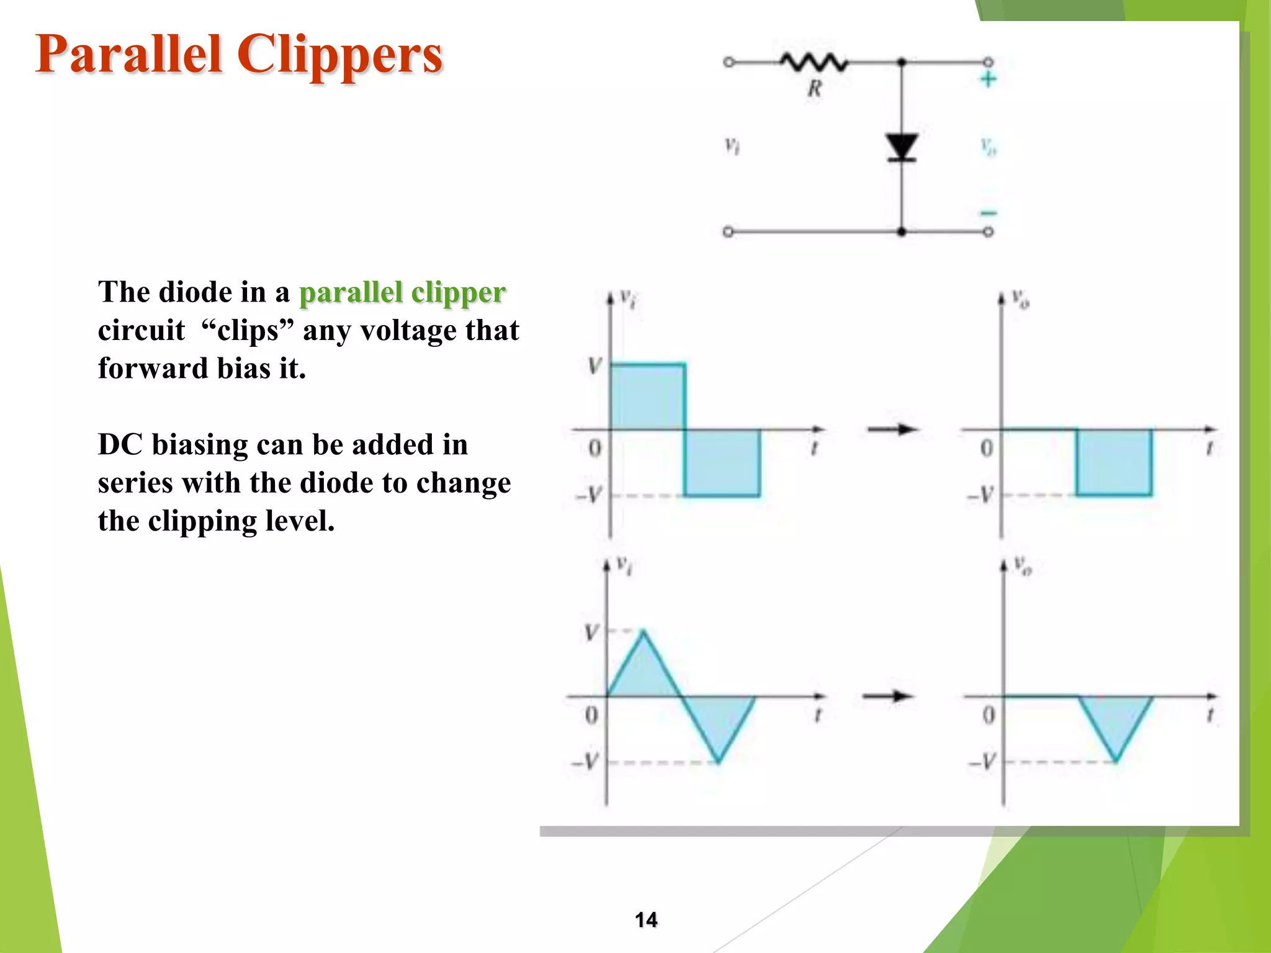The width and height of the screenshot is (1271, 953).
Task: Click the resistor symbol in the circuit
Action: point(813,62)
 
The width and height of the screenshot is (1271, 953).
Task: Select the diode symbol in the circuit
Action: point(902,148)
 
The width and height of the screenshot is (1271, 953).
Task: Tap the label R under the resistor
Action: point(814,89)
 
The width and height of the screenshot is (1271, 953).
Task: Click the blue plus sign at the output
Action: point(988,79)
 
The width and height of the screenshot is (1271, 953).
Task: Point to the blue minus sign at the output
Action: point(988,213)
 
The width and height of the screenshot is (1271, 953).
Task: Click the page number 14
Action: point(646,919)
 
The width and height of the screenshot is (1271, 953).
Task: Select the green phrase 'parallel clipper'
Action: point(402,292)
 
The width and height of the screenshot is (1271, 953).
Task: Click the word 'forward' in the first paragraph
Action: point(153,368)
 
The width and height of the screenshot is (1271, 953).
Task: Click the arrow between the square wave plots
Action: point(892,429)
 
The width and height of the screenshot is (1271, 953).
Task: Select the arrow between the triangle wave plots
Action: point(888,696)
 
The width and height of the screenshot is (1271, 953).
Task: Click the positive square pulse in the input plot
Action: point(648,397)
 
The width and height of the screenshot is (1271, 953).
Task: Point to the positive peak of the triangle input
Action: point(644,633)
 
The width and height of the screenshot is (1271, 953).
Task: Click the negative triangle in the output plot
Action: point(1115,720)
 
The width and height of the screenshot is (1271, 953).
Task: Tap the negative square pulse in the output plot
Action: point(1114,462)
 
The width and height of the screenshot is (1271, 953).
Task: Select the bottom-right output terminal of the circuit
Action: point(988,232)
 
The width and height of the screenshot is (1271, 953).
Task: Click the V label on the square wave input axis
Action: point(595,365)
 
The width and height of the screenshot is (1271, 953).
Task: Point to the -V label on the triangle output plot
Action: point(982,761)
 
